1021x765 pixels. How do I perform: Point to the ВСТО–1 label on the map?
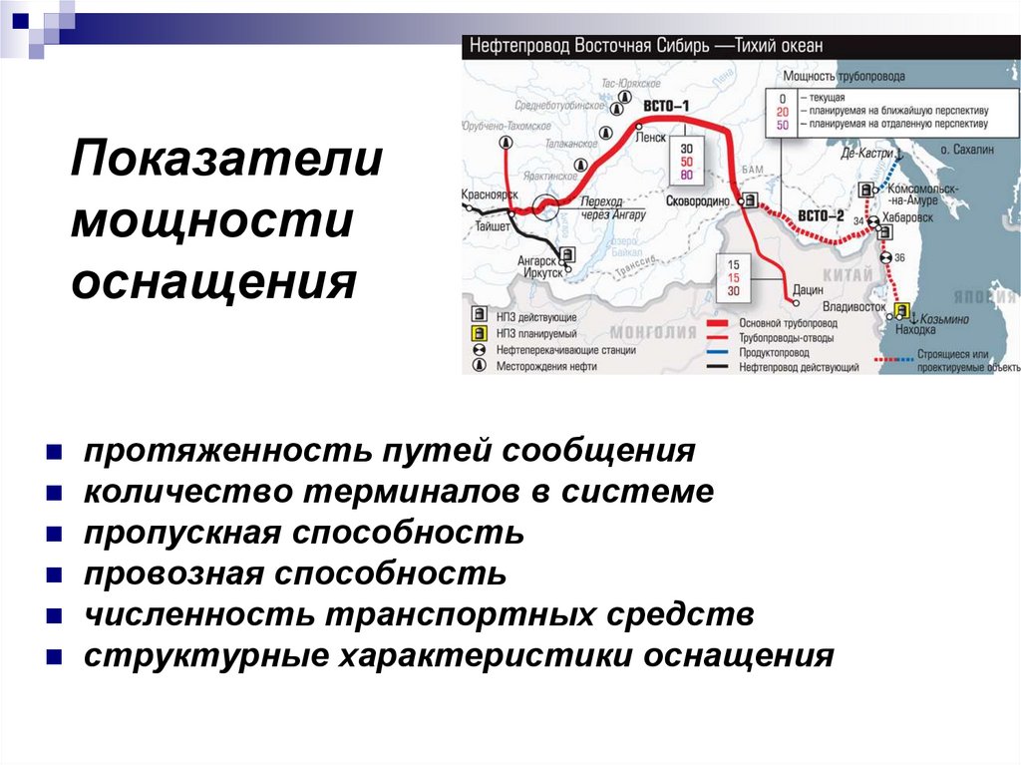tap(666, 107)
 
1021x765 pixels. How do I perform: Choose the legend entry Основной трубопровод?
tap(788, 323)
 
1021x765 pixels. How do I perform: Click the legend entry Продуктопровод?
tap(774, 352)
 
